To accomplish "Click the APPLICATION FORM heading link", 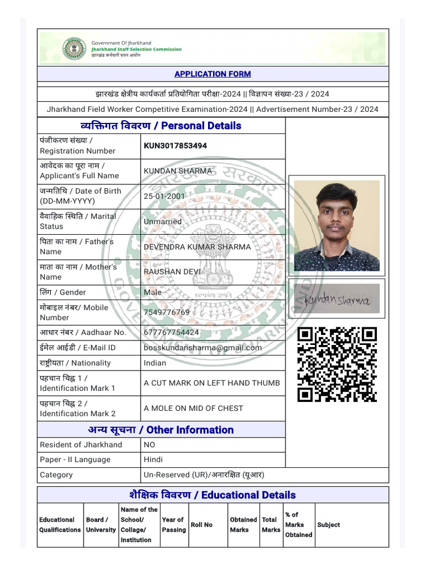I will click(212, 74).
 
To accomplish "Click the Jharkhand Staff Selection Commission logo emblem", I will click(74, 48).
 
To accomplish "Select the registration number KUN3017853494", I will click(175, 146).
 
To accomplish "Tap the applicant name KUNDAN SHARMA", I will click(178, 171).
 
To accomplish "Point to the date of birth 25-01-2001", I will click(164, 196).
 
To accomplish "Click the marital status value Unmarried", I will click(163, 221).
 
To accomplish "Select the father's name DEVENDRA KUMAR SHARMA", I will click(197, 246).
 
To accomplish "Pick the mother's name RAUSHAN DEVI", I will click(172, 272).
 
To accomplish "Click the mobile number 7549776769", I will click(167, 312).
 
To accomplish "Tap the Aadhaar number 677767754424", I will click(171, 332).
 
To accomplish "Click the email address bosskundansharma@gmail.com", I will click(203, 348).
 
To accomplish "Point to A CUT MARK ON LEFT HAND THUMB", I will click(211, 383).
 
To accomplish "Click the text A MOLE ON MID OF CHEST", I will click(193, 408).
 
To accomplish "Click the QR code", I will click(337, 364).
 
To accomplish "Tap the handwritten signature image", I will click(337, 300).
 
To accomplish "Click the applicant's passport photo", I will click(337, 225).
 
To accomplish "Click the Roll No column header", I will click(201, 525).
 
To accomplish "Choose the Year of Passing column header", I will click(173, 525).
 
